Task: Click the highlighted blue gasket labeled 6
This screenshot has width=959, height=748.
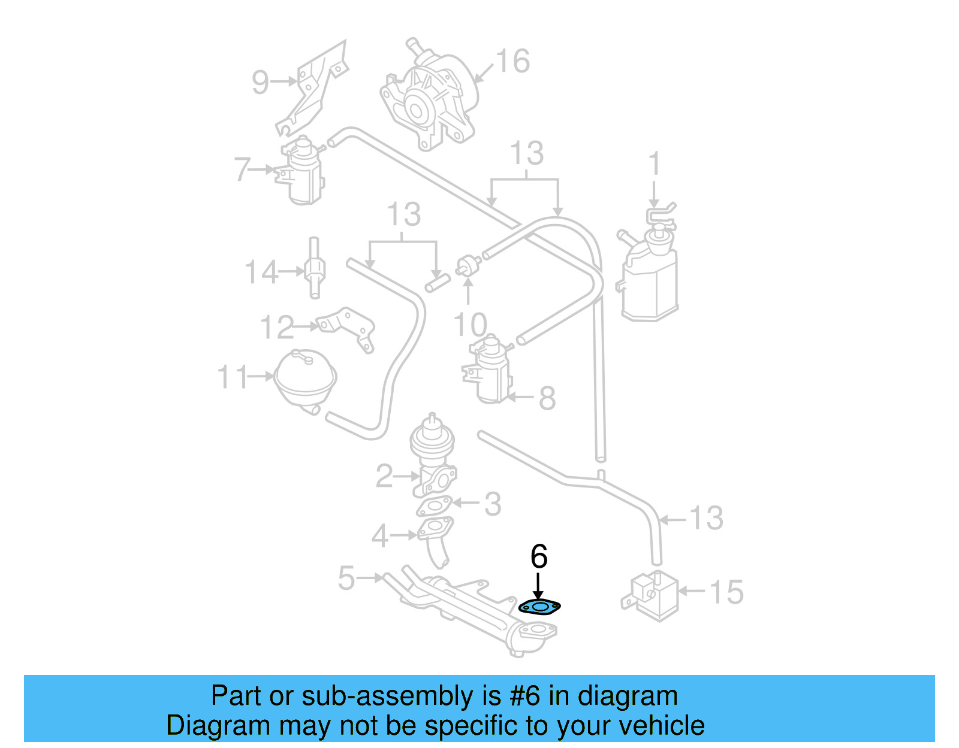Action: (539, 608)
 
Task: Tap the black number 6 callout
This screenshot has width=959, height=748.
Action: (539, 557)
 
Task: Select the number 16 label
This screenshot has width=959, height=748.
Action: (513, 61)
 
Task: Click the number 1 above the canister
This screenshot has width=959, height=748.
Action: (655, 163)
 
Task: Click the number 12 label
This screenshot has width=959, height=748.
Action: (277, 328)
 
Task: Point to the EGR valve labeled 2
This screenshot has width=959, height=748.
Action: (433, 458)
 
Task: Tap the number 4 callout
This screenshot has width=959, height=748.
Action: (380, 536)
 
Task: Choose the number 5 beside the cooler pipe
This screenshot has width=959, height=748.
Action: (346, 579)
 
